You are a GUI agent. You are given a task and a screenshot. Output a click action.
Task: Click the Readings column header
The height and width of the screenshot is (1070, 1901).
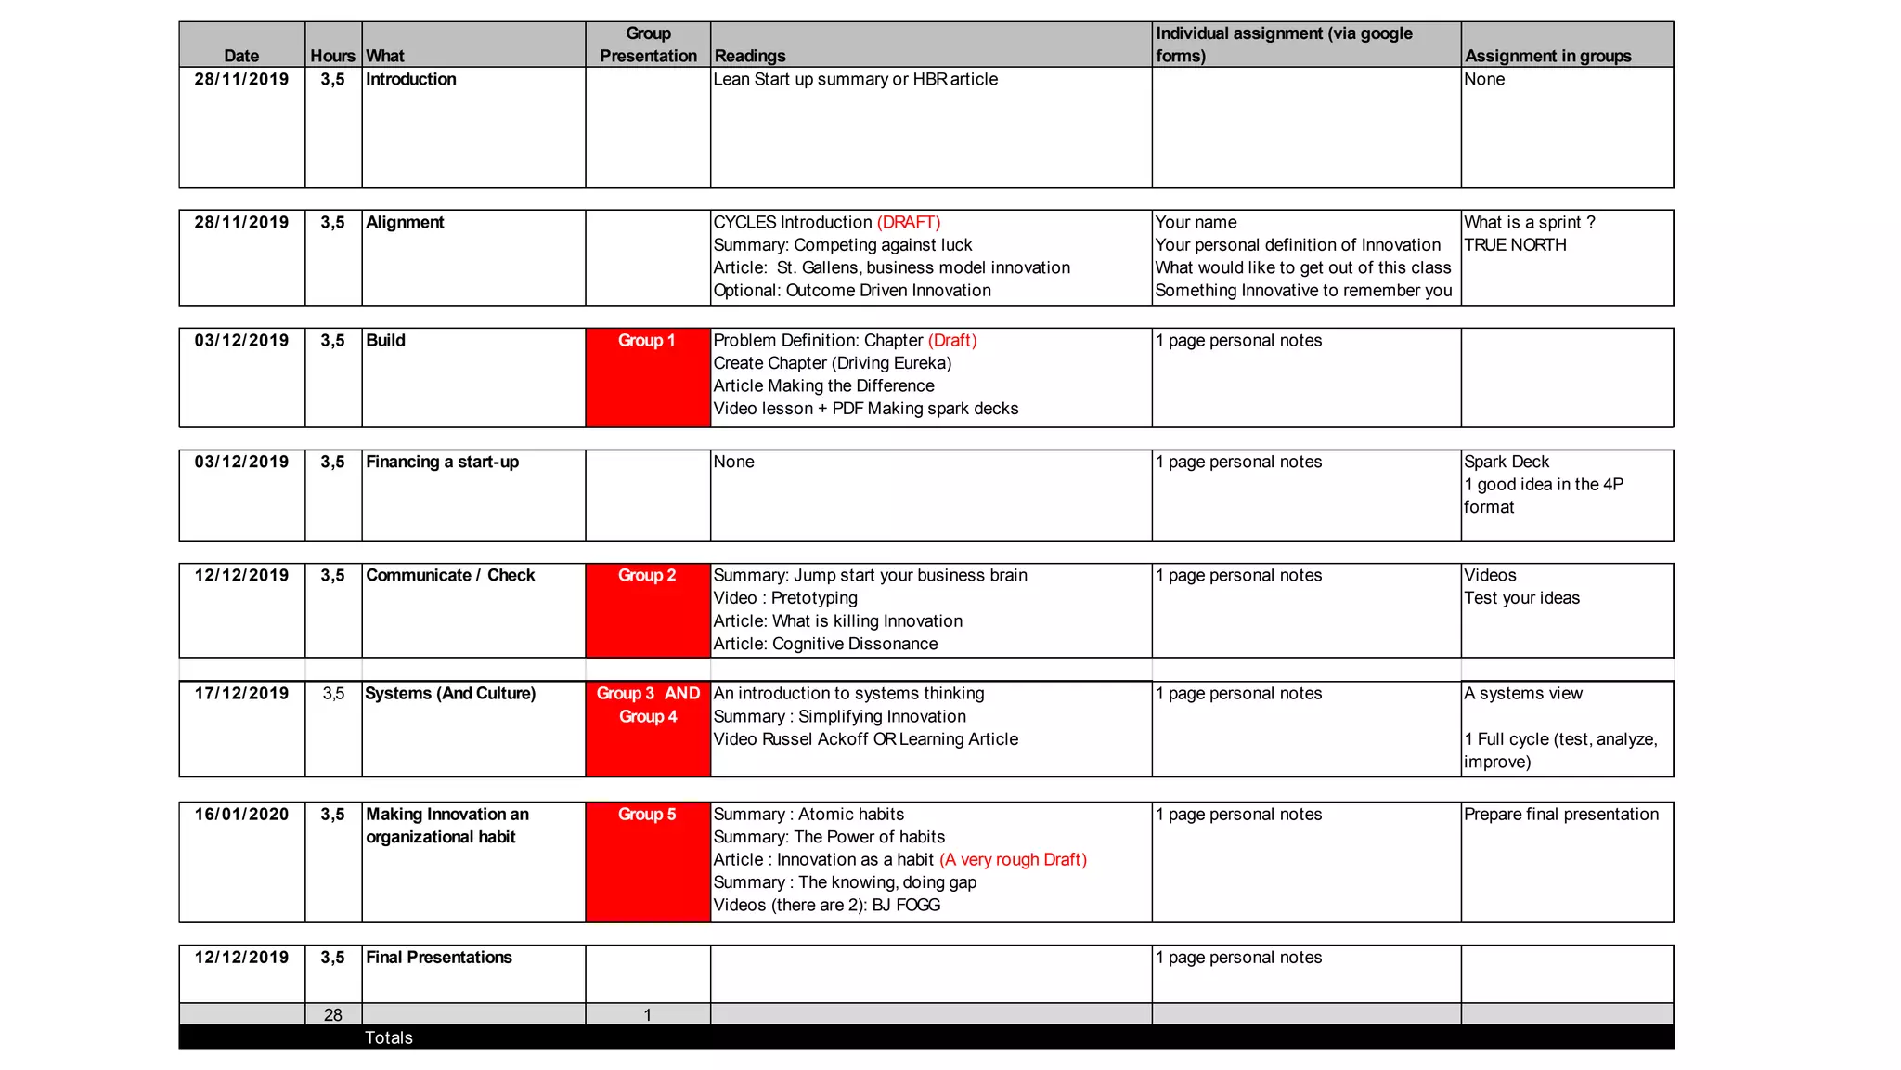point(749,56)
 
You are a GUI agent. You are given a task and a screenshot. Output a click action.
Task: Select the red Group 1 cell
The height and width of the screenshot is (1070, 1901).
point(647,376)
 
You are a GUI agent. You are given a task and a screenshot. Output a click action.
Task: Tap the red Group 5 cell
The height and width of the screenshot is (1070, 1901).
point(647,860)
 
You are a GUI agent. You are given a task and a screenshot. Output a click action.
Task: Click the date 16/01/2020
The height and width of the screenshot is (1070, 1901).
point(241,815)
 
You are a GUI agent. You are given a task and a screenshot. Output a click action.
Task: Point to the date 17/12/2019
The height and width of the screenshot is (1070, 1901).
point(241,694)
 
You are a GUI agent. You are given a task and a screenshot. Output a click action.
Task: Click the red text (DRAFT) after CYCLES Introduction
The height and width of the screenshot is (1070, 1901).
point(908,223)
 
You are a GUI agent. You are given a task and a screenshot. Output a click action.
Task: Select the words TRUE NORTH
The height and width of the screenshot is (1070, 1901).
point(1515,245)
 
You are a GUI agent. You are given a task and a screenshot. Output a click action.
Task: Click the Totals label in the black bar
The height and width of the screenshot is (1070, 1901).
point(388,1037)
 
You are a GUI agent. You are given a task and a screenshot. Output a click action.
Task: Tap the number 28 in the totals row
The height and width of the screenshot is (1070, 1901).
point(332,1015)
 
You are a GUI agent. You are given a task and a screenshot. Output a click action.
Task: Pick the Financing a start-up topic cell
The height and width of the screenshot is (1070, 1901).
point(442,463)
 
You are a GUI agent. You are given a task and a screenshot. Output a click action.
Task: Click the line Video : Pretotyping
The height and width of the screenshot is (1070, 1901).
point(785,598)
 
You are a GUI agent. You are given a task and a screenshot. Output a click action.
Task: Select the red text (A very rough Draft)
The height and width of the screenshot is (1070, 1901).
point(1013,860)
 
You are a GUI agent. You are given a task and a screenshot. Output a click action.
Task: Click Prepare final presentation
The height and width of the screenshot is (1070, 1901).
point(1560,815)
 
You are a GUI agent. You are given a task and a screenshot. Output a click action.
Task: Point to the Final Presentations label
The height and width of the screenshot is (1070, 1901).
point(438,958)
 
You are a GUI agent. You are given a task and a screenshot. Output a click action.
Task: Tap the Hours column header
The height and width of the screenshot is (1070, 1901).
point(332,56)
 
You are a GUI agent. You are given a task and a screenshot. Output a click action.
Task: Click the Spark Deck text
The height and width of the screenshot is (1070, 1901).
point(1507,463)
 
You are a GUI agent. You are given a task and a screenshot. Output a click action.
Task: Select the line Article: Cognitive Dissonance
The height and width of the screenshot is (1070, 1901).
point(825,644)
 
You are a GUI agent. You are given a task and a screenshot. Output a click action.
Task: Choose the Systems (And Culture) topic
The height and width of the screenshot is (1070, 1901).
point(450,694)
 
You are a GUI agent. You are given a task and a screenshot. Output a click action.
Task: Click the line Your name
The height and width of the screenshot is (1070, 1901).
point(1196,223)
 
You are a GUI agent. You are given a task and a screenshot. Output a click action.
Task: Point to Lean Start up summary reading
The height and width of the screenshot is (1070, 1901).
point(855,80)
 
